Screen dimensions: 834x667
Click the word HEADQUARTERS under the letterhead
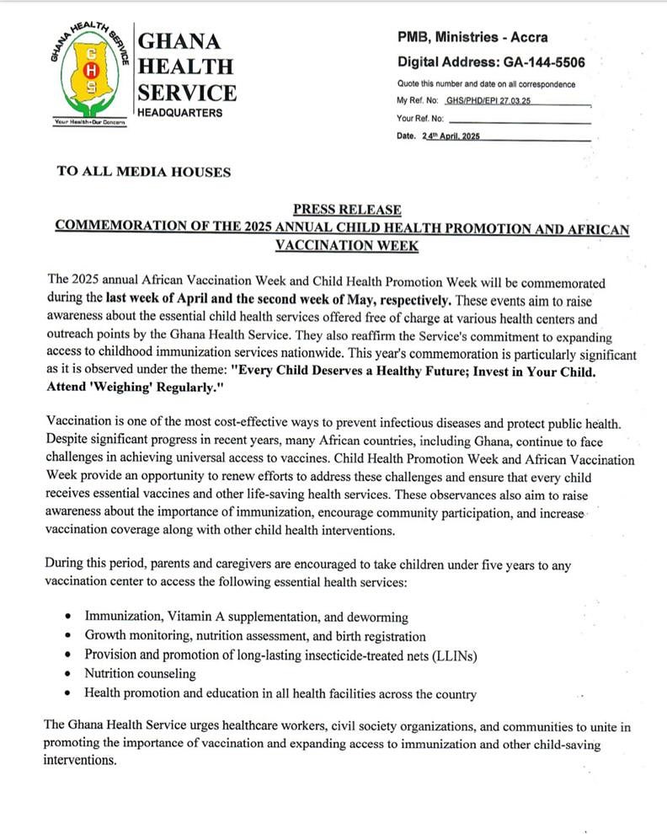[x=180, y=113]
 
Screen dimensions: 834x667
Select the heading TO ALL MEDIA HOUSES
[x=143, y=172]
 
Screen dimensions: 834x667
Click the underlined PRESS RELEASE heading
[x=347, y=210]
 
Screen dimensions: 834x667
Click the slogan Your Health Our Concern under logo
[x=89, y=122]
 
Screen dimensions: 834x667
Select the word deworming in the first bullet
[x=373, y=617]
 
